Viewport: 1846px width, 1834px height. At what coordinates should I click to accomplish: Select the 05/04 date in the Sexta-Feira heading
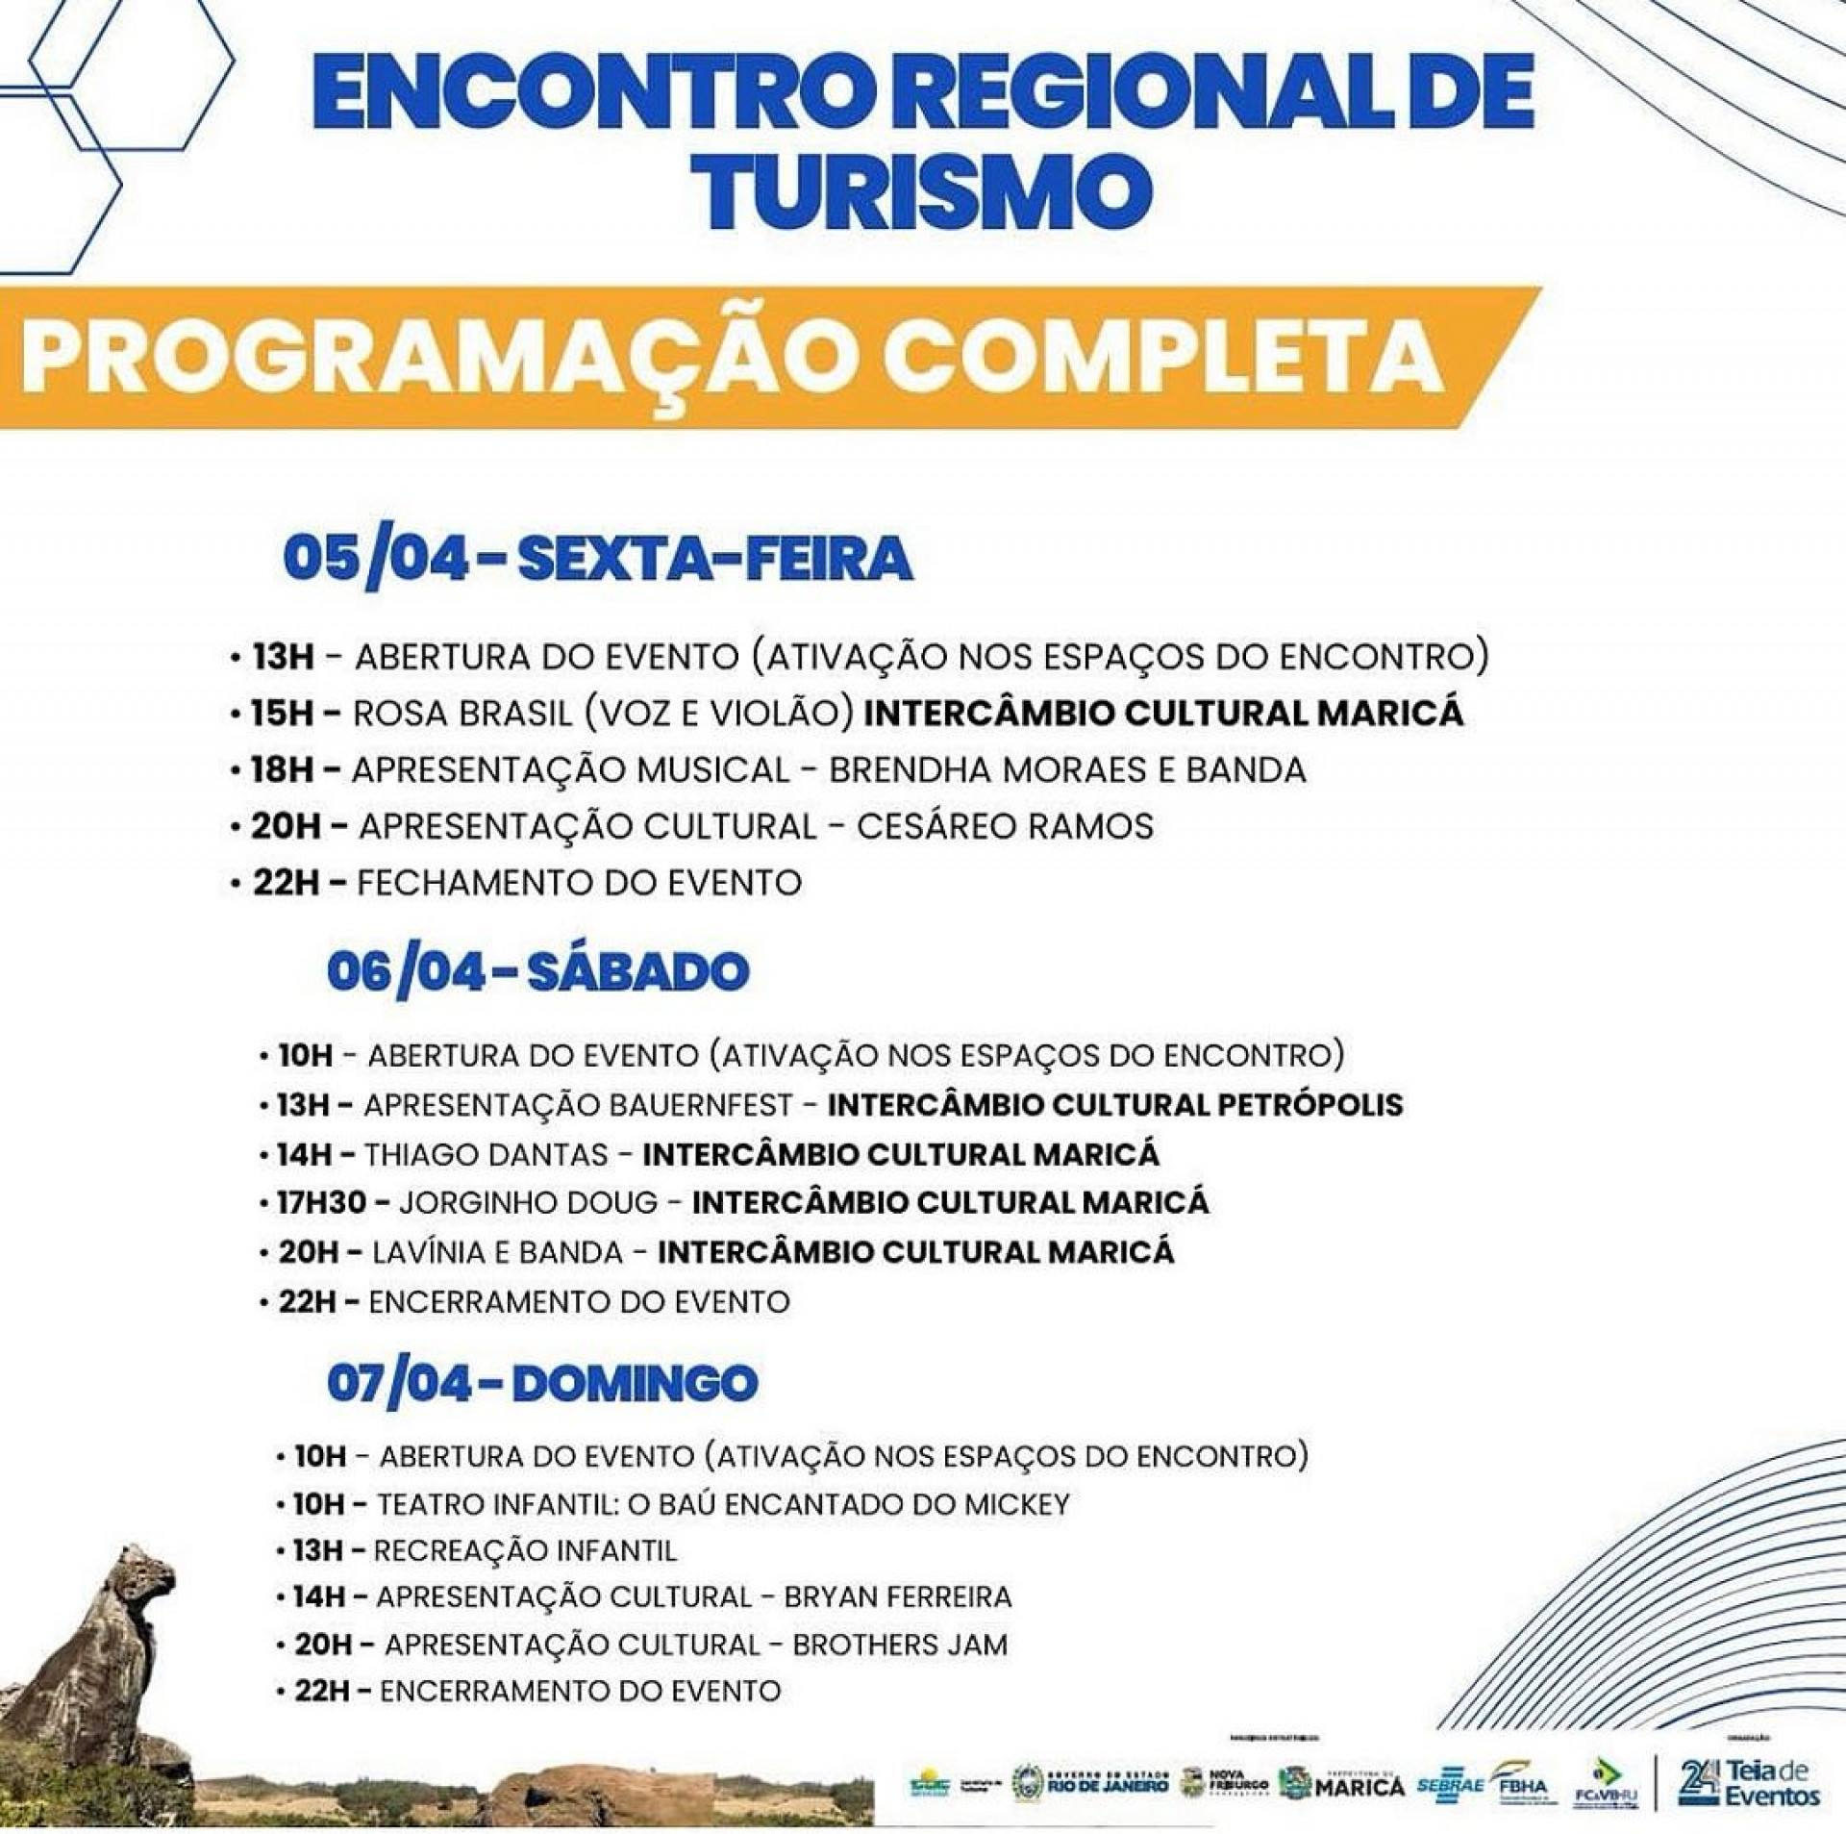point(376,559)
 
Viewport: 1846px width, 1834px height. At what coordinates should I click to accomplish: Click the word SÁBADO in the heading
point(637,972)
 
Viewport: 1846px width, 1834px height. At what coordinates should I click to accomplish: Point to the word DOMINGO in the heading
point(635,1384)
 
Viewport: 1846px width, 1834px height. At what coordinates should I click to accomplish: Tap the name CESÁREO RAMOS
point(1005,826)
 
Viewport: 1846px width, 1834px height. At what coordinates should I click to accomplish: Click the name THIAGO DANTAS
point(486,1154)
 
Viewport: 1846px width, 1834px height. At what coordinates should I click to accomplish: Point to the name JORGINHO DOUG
point(528,1203)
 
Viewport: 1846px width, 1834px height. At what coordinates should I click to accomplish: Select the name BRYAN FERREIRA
point(898,1597)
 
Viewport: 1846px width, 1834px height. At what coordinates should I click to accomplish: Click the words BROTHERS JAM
point(900,1645)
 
